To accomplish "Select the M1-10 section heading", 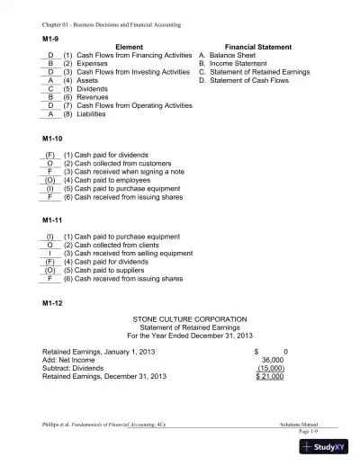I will (54, 142).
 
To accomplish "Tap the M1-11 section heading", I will (54, 220).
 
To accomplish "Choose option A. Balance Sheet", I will (229, 54).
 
